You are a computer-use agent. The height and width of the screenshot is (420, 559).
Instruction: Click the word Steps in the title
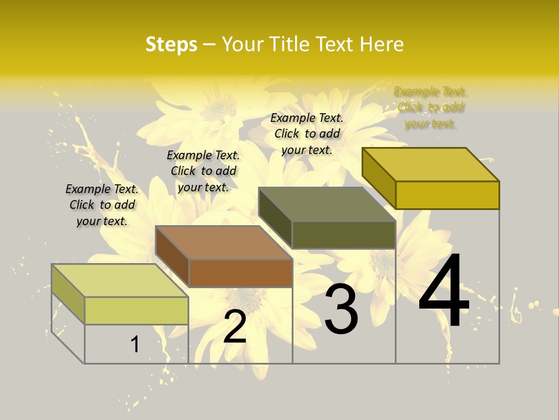click(171, 44)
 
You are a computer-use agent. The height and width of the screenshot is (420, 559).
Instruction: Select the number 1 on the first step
click(135, 345)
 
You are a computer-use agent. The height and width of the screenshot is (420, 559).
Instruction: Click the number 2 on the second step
click(235, 327)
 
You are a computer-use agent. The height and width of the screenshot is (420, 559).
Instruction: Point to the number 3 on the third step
click(341, 309)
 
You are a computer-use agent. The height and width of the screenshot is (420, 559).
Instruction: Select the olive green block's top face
click(327, 204)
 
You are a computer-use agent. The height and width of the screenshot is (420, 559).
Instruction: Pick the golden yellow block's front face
click(447, 195)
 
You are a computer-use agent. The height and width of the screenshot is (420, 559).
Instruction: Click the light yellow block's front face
click(136, 310)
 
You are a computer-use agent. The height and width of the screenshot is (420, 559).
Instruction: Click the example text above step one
click(102, 205)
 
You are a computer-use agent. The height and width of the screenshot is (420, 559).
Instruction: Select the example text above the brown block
click(203, 171)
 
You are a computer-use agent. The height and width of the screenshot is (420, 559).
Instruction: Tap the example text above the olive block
click(307, 134)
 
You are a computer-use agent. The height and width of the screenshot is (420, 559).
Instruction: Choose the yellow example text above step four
click(430, 107)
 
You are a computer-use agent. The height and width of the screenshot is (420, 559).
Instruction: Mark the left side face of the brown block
click(172, 256)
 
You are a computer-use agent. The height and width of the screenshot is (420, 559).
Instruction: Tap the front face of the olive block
click(344, 235)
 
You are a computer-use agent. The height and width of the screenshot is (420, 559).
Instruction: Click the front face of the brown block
click(240, 273)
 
